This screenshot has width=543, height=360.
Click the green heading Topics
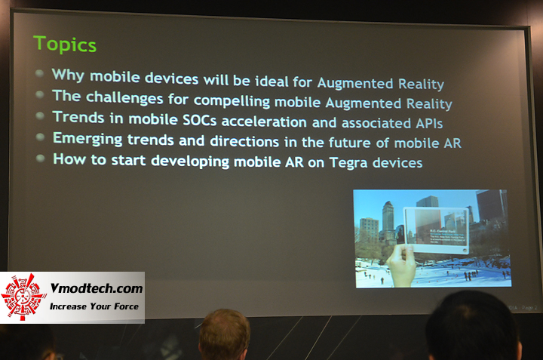tap(65, 45)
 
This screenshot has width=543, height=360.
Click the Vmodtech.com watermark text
tap(95, 289)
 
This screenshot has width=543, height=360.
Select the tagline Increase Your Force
tap(94, 306)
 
